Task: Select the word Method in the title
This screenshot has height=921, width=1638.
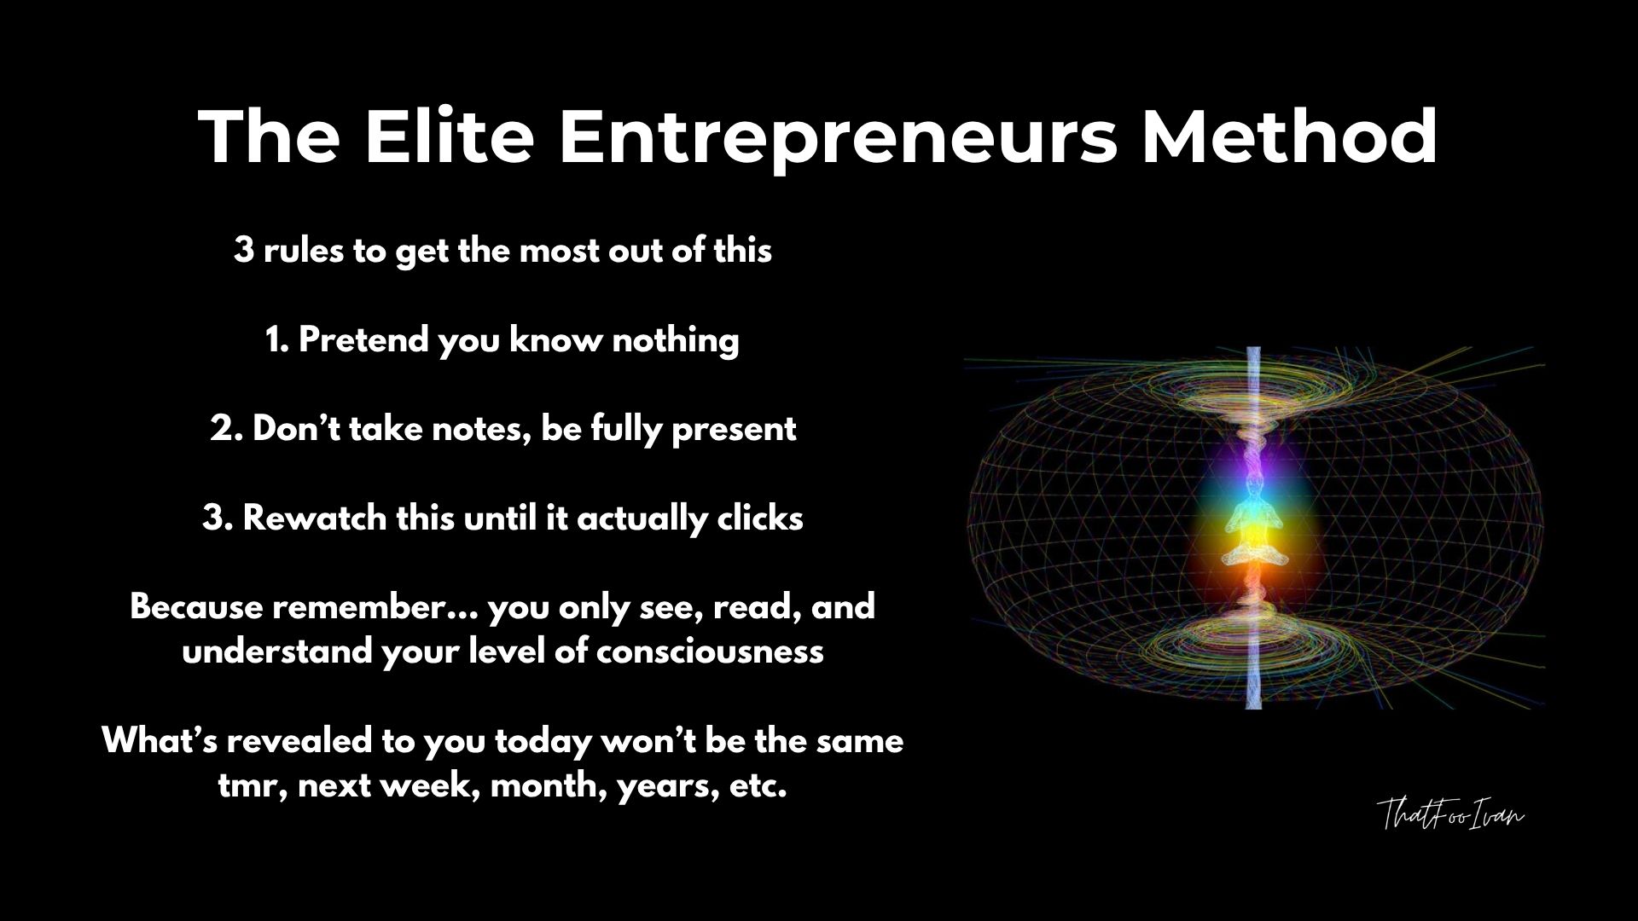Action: (x=1290, y=136)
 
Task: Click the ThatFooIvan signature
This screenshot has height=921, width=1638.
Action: (x=1450, y=814)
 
